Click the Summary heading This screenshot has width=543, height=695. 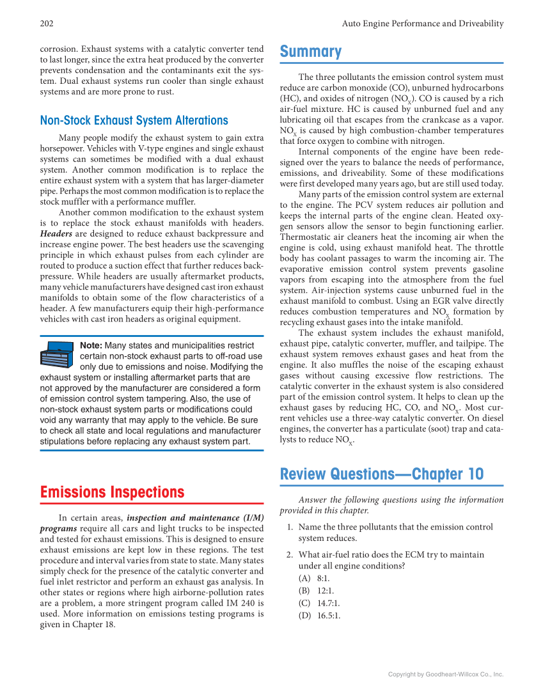(x=311, y=52)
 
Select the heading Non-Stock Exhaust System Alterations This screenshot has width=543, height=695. (x=134, y=120)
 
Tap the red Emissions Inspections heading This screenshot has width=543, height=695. (x=112, y=492)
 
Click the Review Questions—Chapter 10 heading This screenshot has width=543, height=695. (x=382, y=474)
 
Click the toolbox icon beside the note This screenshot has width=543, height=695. (x=58, y=355)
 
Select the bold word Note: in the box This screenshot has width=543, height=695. (x=91, y=346)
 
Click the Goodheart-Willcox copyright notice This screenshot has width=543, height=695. (x=446, y=674)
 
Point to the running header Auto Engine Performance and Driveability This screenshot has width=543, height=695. (x=422, y=24)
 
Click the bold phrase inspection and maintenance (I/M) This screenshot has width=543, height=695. (x=195, y=518)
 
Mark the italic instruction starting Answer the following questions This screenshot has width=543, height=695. (x=391, y=505)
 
